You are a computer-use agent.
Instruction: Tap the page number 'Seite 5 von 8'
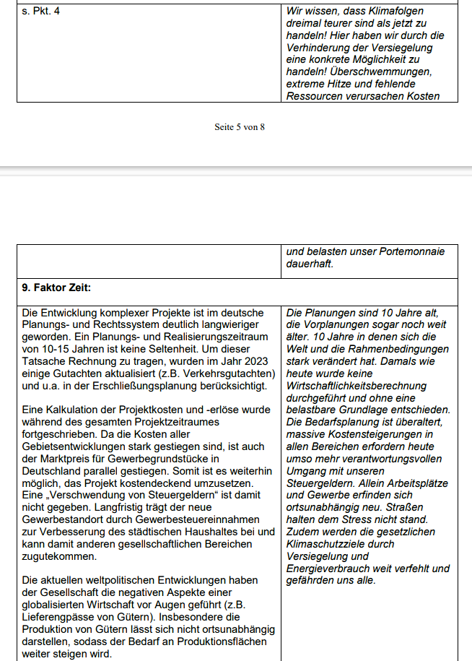coord(240,127)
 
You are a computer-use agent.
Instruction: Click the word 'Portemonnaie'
coord(411,252)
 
